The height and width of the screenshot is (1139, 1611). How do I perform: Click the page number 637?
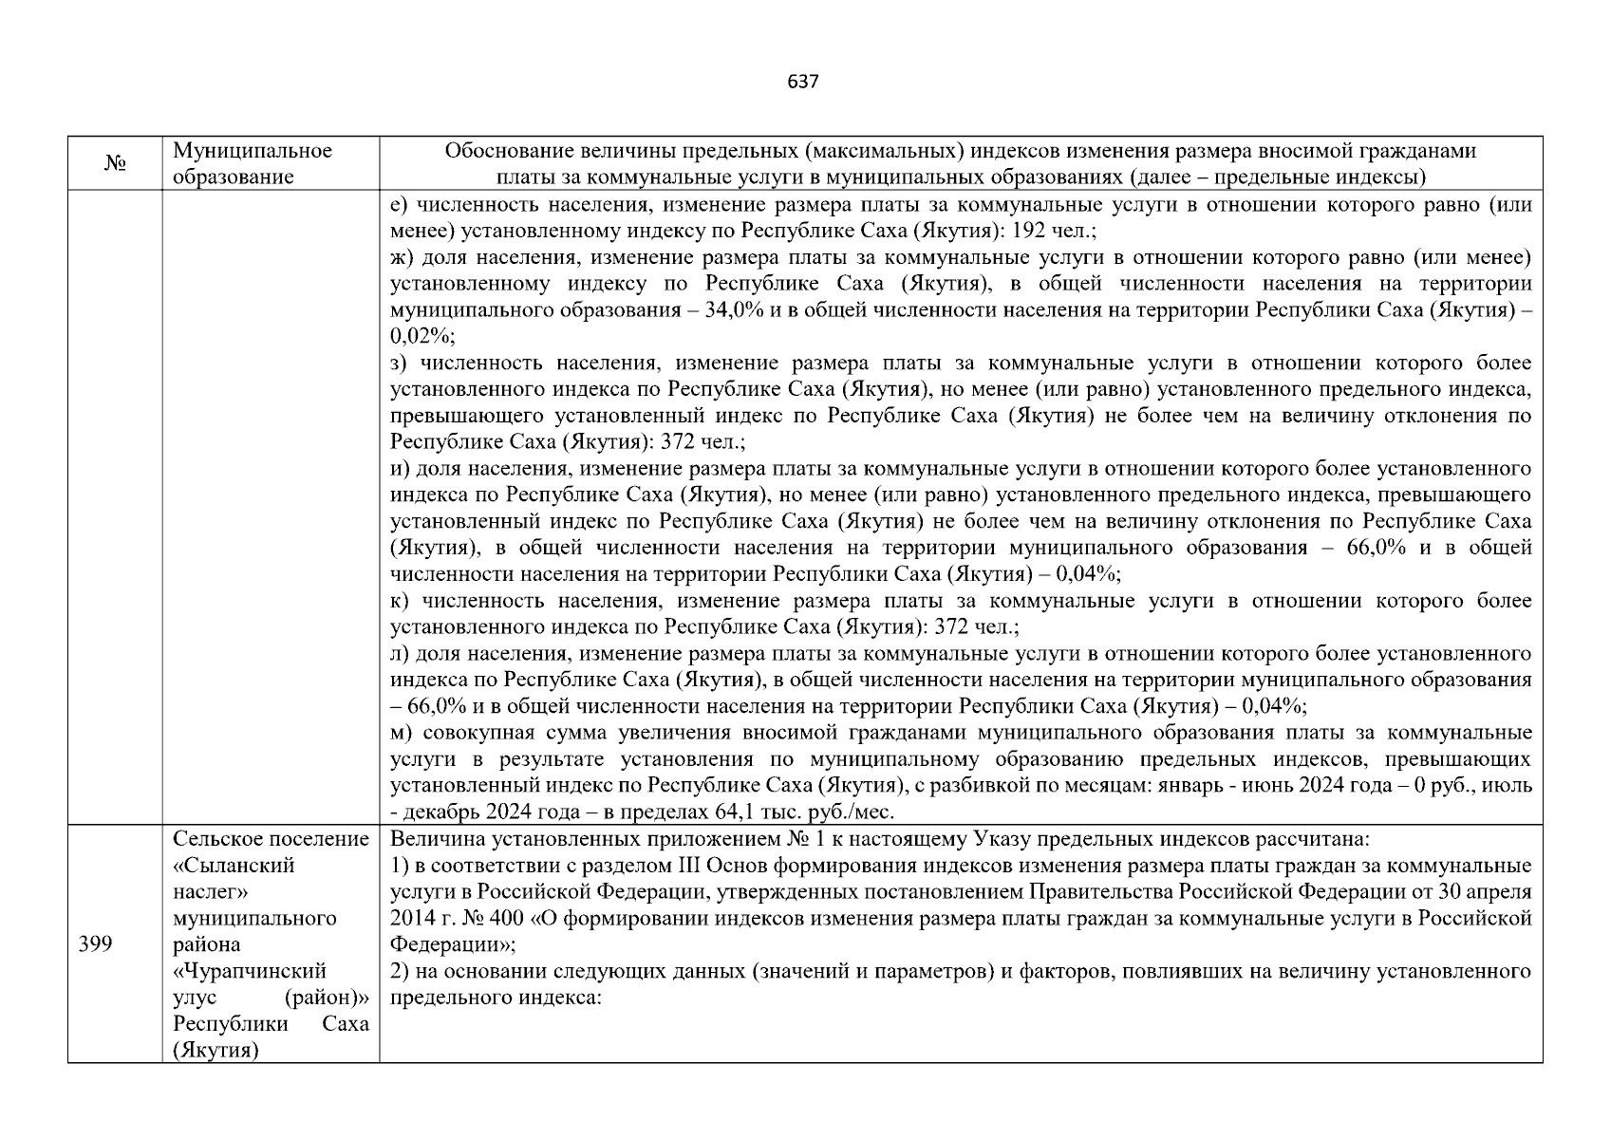coord(803,82)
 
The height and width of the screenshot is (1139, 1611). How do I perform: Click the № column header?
coord(115,164)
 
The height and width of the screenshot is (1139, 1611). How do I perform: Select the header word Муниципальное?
coord(253,151)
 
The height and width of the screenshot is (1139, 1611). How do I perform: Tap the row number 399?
coord(95,944)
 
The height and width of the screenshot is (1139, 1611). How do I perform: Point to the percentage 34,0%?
coord(736,310)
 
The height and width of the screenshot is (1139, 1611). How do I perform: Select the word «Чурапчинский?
coord(250,971)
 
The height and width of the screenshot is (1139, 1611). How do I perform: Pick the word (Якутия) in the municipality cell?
coord(215,1051)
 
